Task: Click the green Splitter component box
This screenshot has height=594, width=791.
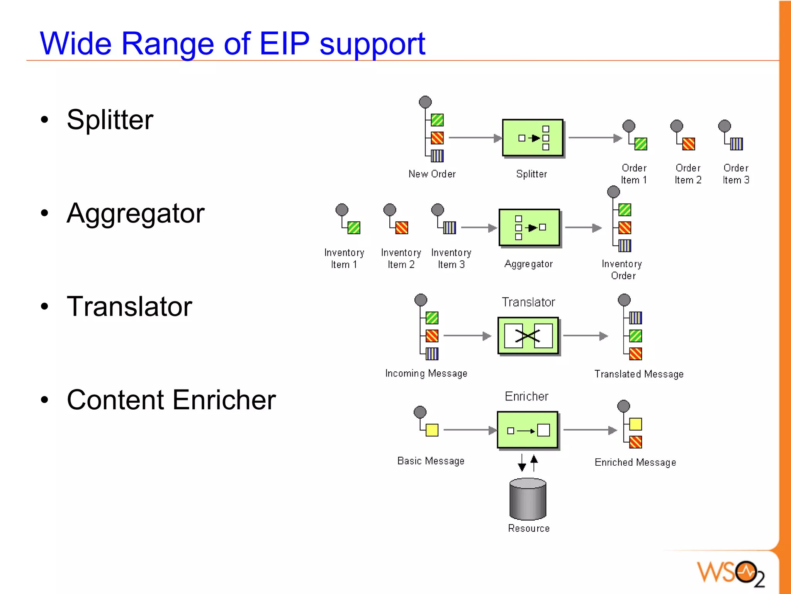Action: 532,138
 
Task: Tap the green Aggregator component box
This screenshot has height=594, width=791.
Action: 529,228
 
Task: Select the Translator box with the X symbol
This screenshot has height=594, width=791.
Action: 528,336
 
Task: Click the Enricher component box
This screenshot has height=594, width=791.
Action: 527,430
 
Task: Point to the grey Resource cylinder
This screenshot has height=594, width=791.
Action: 528,499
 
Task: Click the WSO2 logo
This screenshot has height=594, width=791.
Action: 730,572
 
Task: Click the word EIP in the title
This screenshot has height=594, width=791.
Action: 284,43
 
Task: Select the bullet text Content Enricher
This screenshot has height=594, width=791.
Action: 171,400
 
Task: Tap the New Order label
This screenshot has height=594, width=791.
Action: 432,174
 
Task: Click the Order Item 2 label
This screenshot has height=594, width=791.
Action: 688,174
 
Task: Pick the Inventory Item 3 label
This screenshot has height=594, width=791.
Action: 451,259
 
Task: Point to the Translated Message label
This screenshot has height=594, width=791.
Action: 639,374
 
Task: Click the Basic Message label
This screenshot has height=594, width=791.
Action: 431,461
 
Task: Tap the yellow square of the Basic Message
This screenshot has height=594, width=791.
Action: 432,430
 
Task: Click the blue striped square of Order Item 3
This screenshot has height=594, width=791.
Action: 736,144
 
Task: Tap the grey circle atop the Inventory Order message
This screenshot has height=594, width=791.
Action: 613,192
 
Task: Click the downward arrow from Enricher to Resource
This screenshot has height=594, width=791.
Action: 522,463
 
